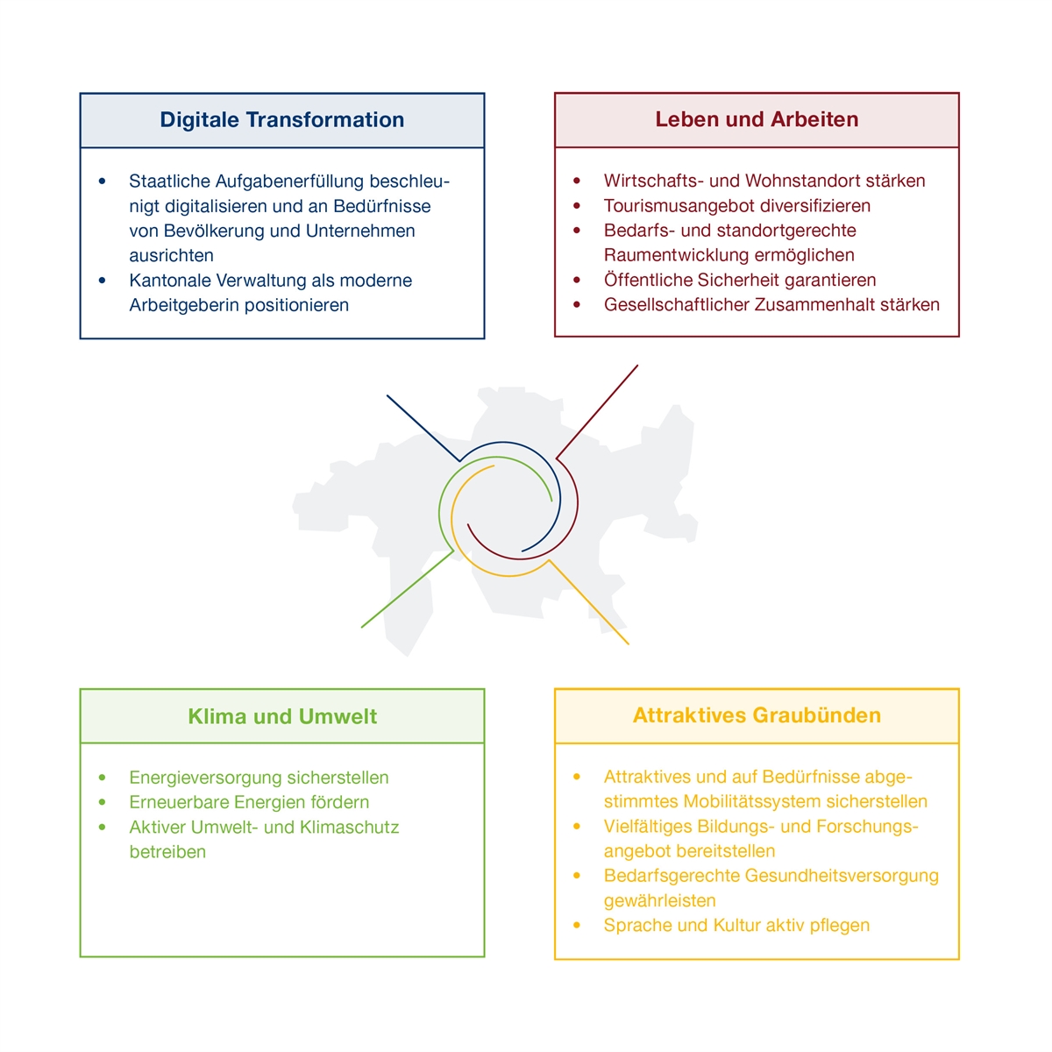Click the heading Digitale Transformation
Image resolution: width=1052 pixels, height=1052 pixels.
coord(281,120)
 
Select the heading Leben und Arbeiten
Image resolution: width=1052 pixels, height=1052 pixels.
coord(757,119)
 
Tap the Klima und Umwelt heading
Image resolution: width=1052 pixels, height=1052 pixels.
coord(281,716)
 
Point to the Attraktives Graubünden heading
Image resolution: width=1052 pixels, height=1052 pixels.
coord(757,715)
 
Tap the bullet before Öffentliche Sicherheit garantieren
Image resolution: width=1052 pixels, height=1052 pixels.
coord(577,280)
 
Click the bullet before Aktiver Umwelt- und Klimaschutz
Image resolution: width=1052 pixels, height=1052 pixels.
coord(103,827)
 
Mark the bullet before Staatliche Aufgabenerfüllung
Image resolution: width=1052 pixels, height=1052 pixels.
coord(103,181)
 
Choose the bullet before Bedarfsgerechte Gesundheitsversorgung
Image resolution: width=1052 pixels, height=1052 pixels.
coord(577,876)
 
